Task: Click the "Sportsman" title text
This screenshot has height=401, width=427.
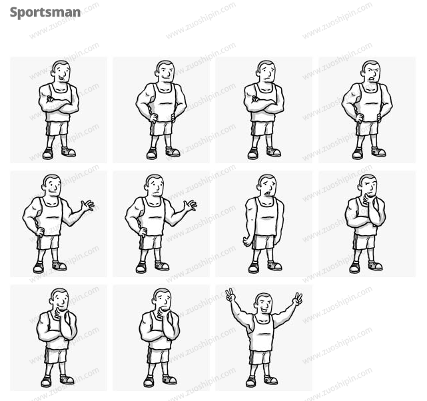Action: [45, 13]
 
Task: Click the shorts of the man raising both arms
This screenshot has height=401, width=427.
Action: [260, 358]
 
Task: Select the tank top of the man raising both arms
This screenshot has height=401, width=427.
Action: [261, 332]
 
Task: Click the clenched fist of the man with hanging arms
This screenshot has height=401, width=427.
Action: [247, 242]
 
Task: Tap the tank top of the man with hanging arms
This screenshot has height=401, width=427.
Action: [264, 216]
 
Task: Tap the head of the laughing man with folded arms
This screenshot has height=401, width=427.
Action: [61, 71]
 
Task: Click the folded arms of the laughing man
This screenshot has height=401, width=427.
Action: [59, 105]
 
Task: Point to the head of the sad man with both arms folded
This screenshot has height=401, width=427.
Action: [266, 71]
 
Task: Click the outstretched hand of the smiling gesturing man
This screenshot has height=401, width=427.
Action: [88, 205]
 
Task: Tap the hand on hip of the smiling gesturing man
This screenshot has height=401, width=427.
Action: [40, 232]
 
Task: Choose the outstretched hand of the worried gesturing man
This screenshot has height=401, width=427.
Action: [191, 205]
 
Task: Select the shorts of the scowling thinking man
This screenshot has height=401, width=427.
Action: [364, 242]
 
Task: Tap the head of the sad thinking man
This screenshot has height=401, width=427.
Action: [163, 299]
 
